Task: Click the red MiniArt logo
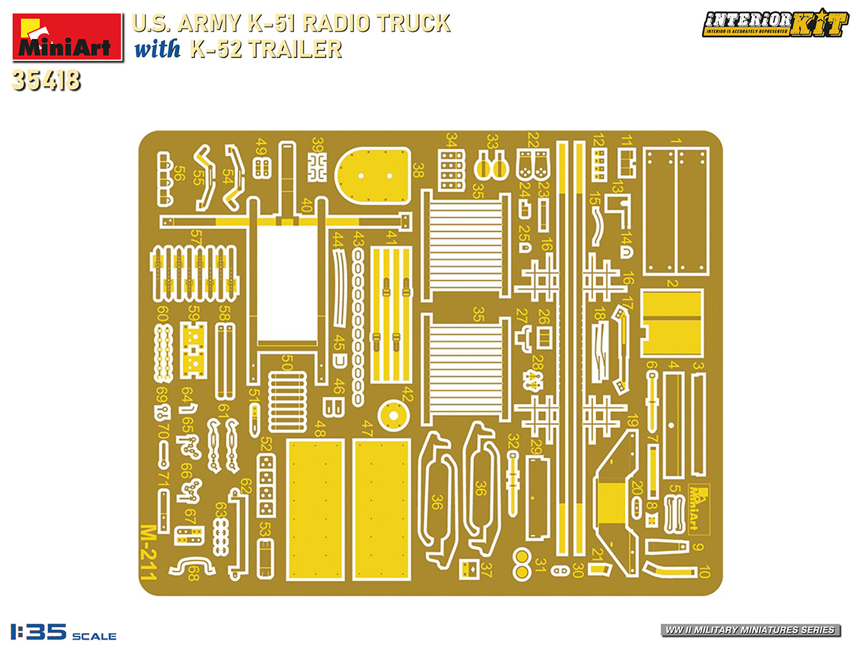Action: point(67,37)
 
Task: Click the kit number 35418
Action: point(46,80)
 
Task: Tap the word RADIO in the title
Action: point(335,23)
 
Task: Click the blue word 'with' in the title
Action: point(157,49)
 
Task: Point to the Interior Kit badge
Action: point(775,23)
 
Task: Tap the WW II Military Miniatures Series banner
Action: point(750,630)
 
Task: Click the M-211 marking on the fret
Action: point(148,552)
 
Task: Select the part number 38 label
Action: point(418,170)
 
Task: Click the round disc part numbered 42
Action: point(394,416)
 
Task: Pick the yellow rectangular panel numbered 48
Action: point(316,509)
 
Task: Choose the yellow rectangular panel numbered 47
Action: point(381,509)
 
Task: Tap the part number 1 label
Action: point(675,142)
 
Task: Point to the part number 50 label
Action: point(287,362)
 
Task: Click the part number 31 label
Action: point(540,564)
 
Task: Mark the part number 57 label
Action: point(196,237)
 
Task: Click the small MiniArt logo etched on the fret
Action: point(699,508)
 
